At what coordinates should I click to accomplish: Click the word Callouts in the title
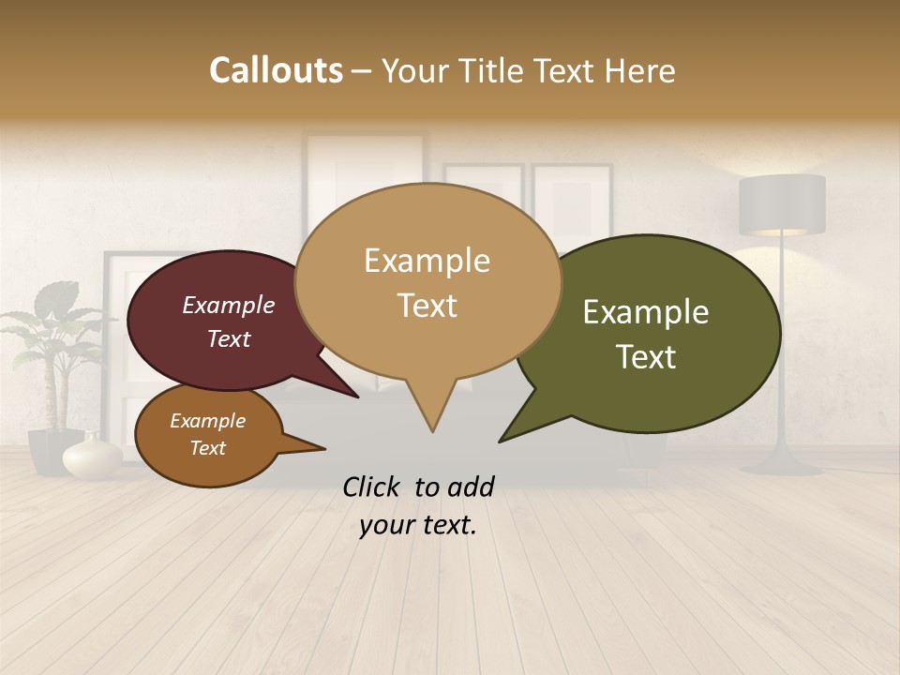click(x=276, y=70)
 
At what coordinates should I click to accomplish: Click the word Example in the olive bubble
click(x=646, y=312)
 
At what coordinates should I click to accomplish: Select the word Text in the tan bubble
click(x=427, y=306)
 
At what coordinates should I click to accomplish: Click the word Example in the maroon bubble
click(x=229, y=305)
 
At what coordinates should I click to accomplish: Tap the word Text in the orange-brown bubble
click(x=208, y=448)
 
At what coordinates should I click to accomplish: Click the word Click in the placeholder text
click(x=372, y=487)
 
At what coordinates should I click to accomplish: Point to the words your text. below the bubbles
click(x=418, y=525)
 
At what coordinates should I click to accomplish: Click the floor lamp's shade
click(x=782, y=204)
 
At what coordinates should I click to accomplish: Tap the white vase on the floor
click(x=92, y=456)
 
